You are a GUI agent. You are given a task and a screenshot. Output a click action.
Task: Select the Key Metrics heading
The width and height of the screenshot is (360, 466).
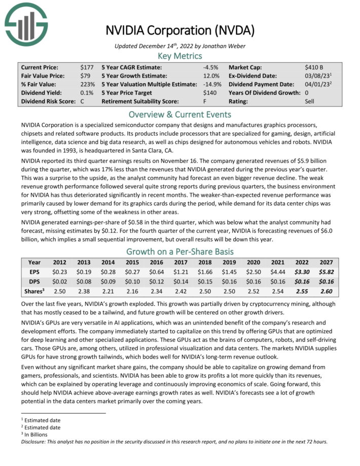pos(179,56)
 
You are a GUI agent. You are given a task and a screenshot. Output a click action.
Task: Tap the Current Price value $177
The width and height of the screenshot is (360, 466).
pos(87,67)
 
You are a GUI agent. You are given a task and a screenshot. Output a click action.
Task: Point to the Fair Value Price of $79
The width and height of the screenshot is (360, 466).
pos(85,76)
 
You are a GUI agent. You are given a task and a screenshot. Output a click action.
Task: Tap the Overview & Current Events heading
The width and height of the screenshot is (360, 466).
pos(179,114)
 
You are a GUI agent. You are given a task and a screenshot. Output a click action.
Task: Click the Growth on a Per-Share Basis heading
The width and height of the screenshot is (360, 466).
pos(179,252)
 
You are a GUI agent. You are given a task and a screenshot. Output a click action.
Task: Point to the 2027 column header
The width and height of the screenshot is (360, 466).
pos(326,263)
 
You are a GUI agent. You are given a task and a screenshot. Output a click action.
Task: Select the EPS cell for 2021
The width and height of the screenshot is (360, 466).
pos(280,272)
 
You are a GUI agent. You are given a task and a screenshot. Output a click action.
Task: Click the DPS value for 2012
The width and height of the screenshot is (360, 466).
pos(60,282)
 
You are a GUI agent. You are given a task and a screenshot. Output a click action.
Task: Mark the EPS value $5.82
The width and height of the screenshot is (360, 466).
pos(326,272)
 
